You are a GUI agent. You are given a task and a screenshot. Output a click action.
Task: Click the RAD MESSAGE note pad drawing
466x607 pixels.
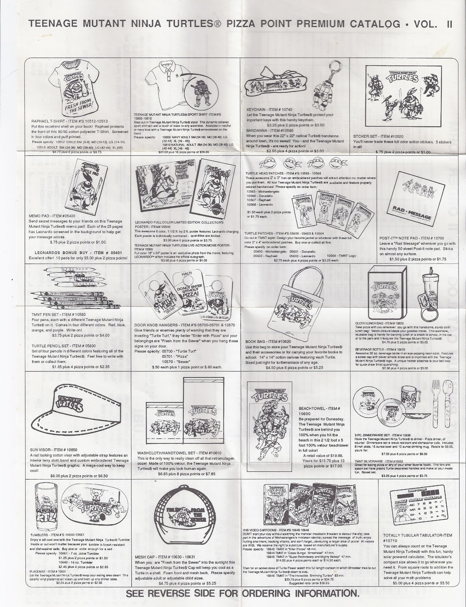click(x=414, y=199)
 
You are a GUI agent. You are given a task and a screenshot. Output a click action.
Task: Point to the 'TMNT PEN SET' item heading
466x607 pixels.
click(x=56, y=315)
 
